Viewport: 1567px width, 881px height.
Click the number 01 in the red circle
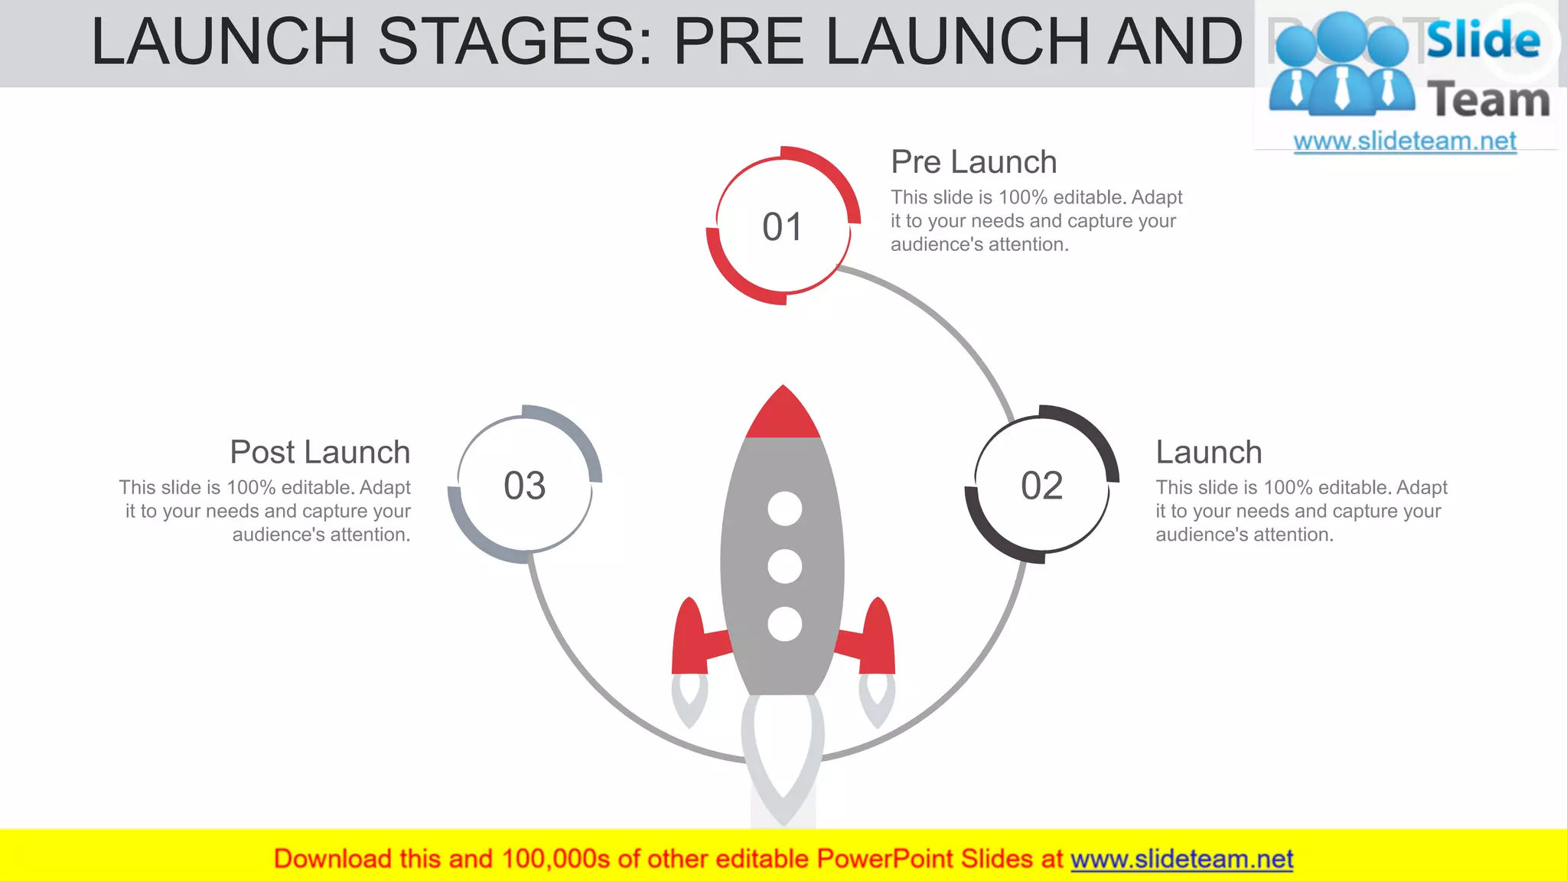[x=782, y=227]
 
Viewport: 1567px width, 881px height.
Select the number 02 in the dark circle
[x=1041, y=486]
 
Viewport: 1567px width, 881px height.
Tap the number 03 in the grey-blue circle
[x=525, y=486]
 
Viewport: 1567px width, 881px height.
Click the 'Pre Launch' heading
[x=973, y=162]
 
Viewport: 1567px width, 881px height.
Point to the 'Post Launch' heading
[x=320, y=452]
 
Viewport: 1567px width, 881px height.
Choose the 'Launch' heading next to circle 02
[x=1208, y=452]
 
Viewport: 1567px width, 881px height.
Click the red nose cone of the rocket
[x=783, y=416]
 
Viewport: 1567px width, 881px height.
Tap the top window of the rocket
[x=784, y=509]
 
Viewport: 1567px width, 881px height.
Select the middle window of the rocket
[x=784, y=566]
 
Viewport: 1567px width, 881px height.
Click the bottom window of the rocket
[x=784, y=624]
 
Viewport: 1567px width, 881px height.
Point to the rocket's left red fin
[x=691, y=639]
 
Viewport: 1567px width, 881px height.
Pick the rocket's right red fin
[x=876, y=639]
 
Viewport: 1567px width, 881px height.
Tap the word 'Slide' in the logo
[x=1483, y=40]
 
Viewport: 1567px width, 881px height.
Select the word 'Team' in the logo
[x=1488, y=100]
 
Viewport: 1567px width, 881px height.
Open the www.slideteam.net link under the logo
[x=1405, y=141]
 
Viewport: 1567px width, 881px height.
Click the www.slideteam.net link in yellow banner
[x=1181, y=859]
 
